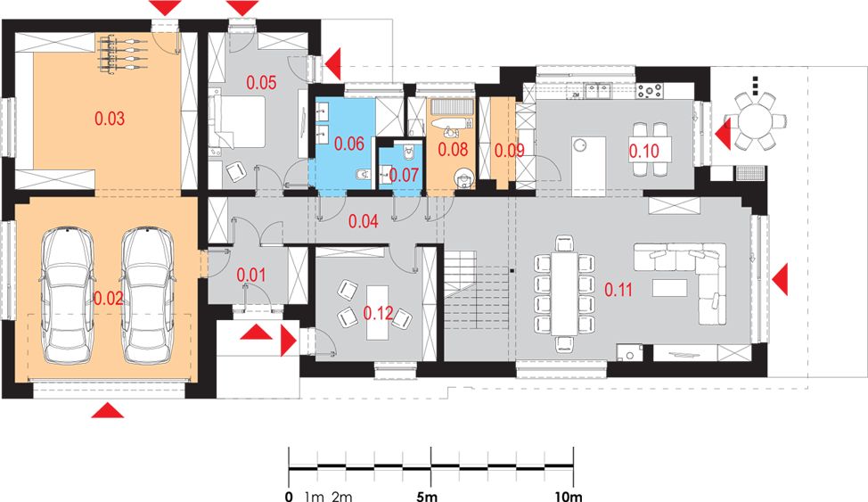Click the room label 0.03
(110, 119)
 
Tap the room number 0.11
(618, 289)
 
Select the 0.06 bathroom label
(348, 144)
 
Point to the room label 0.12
(378, 313)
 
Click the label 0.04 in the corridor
(363, 222)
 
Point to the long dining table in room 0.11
(564, 293)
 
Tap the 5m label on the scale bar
(427, 496)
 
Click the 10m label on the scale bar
(569, 496)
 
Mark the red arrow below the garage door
(108, 410)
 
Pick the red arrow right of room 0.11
(780, 279)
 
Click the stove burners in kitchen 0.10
(650, 90)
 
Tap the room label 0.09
(509, 150)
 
